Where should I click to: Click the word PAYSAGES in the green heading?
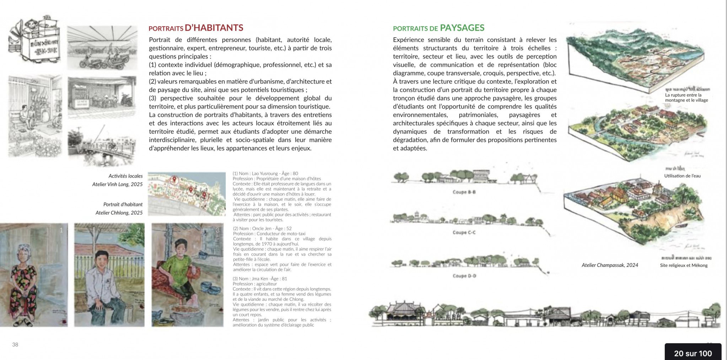pos(462,28)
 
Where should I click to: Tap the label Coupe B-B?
pos(464,192)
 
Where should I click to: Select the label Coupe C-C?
pos(464,232)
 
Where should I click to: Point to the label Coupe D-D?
pos(464,276)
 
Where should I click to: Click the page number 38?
pos(15,344)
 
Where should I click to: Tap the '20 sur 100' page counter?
pos(693,353)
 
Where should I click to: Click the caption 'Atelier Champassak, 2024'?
pos(610,265)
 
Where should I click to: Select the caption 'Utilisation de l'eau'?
pos(682,176)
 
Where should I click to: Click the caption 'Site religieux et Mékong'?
pos(684,265)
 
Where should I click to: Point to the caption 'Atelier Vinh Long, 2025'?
pos(117,184)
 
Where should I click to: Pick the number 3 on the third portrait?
pos(217,230)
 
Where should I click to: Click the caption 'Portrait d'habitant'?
pos(123,205)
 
